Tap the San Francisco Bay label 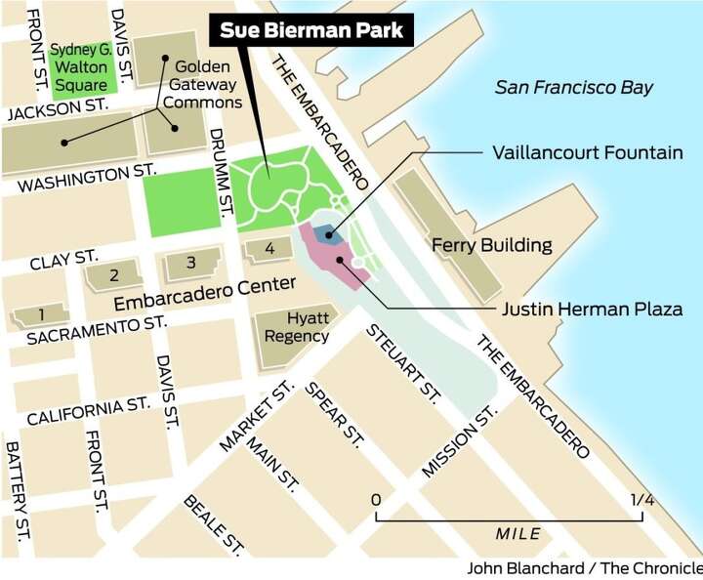click(x=573, y=87)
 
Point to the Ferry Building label click(x=492, y=245)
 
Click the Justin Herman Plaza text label click(x=592, y=310)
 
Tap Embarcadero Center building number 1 click(x=40, y=314)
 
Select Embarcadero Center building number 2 click(x=113, y=275)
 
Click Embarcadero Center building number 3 click(x=190, y=262)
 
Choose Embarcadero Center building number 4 click(x=270, y=248)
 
